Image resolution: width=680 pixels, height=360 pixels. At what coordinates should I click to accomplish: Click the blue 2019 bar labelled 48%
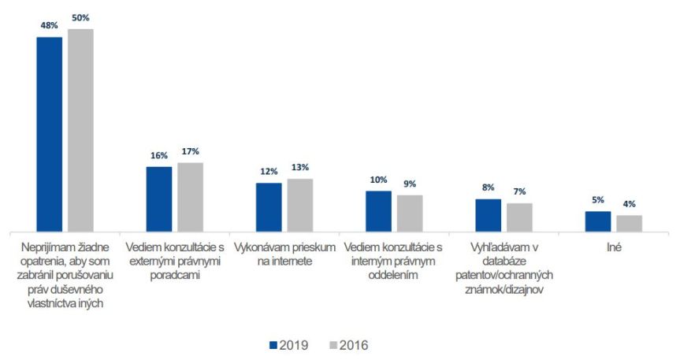click(x=49, y=134)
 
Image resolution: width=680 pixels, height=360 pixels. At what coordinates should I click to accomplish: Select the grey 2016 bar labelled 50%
click(x=80, y=130)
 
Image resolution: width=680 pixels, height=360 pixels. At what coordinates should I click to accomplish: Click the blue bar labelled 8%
click(x=488, y=215)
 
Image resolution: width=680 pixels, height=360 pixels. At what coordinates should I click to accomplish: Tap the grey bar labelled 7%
click(x=519, y=217)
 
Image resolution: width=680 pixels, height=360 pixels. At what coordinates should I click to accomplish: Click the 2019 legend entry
click(x=288, y=345)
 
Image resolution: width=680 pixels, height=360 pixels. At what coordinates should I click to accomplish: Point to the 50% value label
click(x=80, y=17)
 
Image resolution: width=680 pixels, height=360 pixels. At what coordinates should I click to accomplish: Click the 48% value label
click(x=49, y=25)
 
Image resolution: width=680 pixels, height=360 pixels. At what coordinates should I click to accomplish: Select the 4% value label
click(x=629, y=204)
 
